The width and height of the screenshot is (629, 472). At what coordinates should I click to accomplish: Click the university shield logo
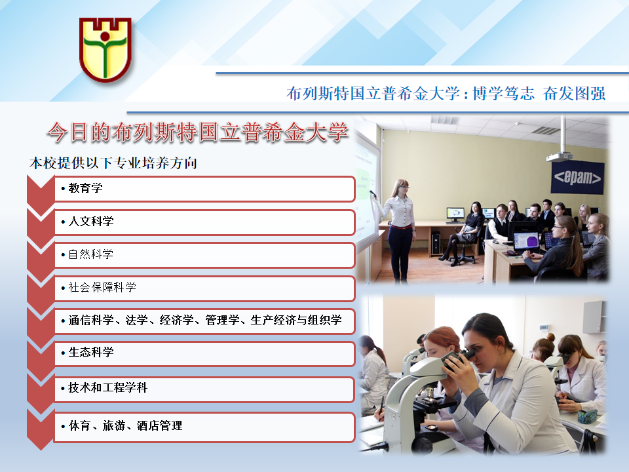pyautogui.click(x=105, y=49)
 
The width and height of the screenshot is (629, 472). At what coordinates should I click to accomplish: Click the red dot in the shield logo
pyautogui.click(x=105, y=37)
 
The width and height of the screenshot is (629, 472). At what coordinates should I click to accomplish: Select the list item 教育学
pyautogui.click(x=85, y=188)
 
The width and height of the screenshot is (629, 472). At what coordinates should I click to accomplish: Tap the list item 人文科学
pyautogui.click(x=90, y=221)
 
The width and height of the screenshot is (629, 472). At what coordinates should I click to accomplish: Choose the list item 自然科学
pyautogui.click(x=90, y=254)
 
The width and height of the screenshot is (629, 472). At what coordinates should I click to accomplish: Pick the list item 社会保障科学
pyautogui.click(x=102, y=287)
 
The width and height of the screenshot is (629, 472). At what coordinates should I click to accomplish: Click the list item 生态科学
pyautogui.click(x=90, y=352)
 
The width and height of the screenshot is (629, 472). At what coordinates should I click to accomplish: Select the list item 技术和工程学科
pyautogui.click(x=107, y=387)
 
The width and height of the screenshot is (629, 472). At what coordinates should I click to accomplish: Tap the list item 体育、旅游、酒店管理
pyautogui.click(x=125, y=425)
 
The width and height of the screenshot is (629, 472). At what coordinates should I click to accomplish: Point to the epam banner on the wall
pyautogui.click(x=578, y=178)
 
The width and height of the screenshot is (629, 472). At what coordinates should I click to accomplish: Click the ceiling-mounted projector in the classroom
pyautogui.click(x=560, y=156)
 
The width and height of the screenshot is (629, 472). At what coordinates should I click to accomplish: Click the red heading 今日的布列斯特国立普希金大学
pyautogui.click(x=197, y=132)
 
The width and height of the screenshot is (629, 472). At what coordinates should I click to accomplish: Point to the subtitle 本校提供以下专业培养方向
pyautogui.click(x=113, y=163)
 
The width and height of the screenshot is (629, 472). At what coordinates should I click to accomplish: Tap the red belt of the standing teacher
pyautogui.click(x=400, y=227)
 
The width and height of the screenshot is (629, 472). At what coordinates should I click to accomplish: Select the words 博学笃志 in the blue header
pyautogui.click(x=503, y=94)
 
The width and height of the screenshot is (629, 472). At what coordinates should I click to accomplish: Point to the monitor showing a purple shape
pyautogui.click(x=526, y=242)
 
